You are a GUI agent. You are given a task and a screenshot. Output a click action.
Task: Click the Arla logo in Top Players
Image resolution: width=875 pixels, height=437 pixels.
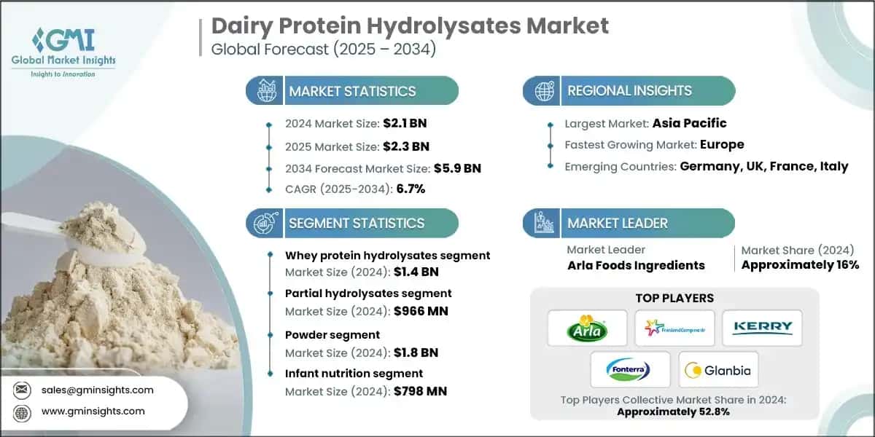(x=587, y=328)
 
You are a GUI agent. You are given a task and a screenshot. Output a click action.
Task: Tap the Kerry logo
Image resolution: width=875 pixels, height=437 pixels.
(x=762, y=328)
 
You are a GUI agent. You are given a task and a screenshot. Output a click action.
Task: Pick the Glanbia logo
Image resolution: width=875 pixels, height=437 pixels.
(x=718, y=370)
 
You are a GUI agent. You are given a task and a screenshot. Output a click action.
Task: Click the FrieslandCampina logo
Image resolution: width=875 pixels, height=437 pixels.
(x=674, y=328)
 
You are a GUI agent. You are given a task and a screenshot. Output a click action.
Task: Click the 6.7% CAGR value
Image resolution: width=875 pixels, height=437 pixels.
(x=411, y=189)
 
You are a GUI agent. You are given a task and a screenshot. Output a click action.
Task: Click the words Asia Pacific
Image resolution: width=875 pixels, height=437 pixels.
(x=689, y=123)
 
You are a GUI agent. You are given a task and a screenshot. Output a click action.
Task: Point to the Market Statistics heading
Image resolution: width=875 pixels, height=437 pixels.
(x=352, y=91)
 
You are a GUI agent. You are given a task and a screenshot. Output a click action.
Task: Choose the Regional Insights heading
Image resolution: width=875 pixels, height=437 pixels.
(x=629, y=91)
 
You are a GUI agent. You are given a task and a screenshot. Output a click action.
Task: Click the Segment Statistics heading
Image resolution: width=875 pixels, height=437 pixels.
(x=356, y=223)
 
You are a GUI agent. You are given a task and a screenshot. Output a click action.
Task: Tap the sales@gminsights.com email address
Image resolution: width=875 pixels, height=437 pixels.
(x=97, y=390)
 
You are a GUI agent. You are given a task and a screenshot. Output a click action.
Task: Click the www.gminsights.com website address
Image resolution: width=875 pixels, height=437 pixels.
(x=93, y=411)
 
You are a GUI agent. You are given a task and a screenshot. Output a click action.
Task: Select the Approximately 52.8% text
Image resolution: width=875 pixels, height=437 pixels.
(x=673, y=412)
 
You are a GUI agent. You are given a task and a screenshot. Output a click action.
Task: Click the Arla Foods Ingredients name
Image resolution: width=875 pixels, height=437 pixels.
(x=636, y=265)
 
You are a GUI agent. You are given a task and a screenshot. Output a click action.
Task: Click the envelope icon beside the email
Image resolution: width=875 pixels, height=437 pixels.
(x=21, y=390)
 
